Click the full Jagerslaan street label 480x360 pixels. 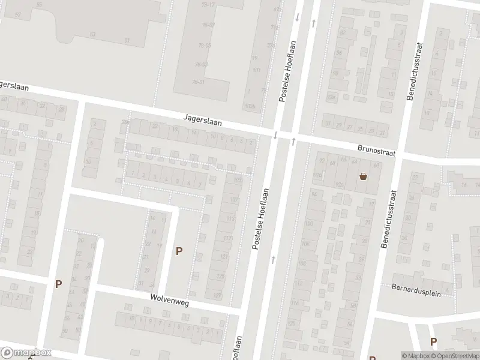203,121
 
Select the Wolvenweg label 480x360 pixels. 170,302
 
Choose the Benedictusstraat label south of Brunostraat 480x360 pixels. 388,220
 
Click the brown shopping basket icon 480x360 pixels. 363,176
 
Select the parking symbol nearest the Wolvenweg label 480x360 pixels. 178,251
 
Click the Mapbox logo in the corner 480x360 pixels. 26,353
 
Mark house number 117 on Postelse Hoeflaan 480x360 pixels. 227,238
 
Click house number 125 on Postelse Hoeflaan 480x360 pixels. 220,276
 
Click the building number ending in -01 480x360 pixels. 199,82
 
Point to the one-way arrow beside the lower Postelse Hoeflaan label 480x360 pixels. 273,259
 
